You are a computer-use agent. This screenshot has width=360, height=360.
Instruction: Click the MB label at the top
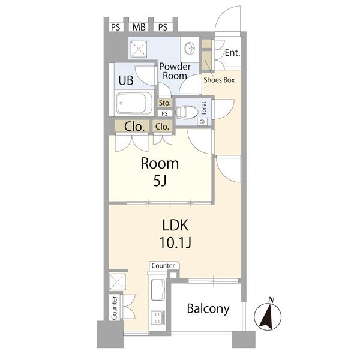139,27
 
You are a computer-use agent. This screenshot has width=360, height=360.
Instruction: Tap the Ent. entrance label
232,53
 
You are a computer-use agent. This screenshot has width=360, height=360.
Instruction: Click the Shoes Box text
219,80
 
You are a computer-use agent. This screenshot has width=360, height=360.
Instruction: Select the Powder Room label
175,71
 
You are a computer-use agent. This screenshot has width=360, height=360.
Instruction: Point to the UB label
126,80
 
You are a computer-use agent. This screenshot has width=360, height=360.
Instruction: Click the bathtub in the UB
134,103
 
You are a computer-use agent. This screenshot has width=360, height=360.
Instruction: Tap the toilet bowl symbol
187,112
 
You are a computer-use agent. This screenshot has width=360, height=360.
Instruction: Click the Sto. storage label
164,103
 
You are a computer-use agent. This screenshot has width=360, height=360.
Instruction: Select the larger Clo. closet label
134,127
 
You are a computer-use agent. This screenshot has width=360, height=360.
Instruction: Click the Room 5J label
160,172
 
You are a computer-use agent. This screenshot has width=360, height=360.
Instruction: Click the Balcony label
208,309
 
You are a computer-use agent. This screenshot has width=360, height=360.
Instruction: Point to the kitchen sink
158,290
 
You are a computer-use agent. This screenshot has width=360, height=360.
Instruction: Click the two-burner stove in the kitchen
158,318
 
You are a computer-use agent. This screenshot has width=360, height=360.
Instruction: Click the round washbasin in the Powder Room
190,49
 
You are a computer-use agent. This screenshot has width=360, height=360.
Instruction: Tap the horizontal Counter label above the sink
163,266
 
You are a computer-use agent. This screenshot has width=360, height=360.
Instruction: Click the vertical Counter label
114,308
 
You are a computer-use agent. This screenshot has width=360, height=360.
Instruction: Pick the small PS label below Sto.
164,113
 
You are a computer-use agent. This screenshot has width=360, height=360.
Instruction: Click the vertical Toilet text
203,109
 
